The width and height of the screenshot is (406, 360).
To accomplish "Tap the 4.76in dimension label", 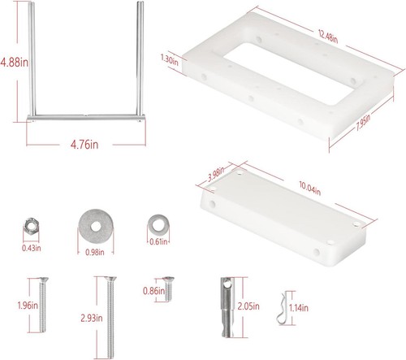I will [83, 145].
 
